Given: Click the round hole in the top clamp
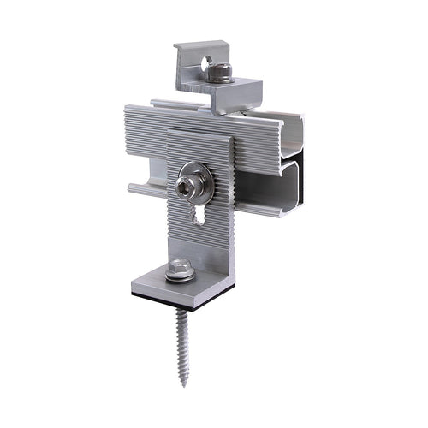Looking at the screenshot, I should click(205, 62).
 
